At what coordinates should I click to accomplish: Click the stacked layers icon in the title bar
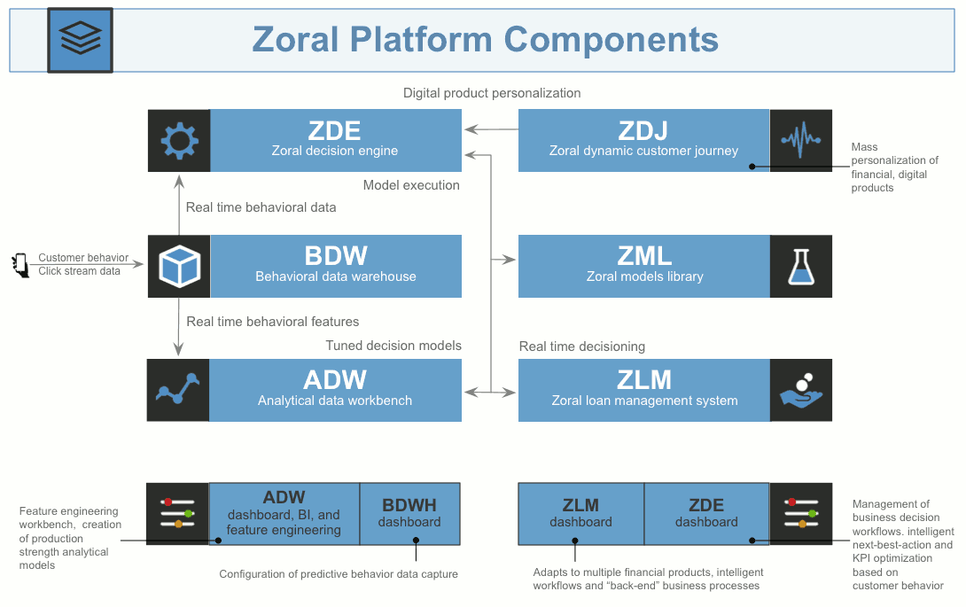(80, 40)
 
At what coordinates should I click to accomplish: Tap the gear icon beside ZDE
(179, 140)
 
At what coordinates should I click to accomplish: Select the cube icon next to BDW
(179, 265)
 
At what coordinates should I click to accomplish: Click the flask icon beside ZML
(801, 266)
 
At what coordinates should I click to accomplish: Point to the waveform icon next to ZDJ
(801, 140)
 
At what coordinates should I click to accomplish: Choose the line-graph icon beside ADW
(178, 390)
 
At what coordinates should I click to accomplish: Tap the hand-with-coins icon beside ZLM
(801, 390)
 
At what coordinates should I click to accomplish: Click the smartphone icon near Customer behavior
(20, 265)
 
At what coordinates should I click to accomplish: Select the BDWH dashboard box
(409, 513)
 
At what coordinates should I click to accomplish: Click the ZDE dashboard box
(706, 513)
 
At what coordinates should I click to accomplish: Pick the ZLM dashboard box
(580, 513)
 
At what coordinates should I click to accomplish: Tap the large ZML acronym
(644, 256)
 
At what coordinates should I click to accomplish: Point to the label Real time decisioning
(582, 346)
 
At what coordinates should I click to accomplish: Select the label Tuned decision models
(393, 346)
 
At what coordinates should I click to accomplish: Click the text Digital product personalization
(492, 93)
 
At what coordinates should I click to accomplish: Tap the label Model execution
(411, 185)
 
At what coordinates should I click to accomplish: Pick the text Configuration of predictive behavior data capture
(339, 574)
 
